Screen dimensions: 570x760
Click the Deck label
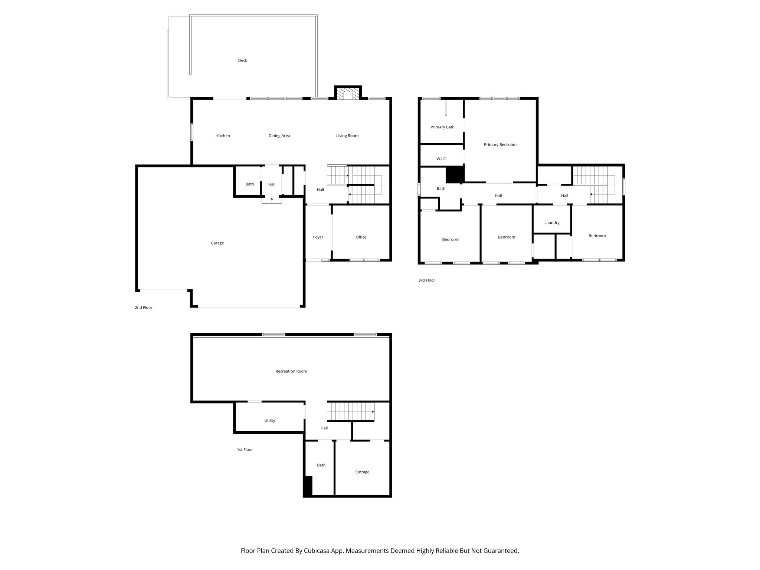tap(242, 60)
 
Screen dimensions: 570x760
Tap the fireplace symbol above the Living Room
tap(348, 94)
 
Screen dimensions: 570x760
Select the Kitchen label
tap(223, 136)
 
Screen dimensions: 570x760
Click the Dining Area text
tap(279, 136)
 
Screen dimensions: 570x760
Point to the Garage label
tap(217, 243)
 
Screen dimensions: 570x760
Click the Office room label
tap(361, 237)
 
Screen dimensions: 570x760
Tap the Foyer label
tap(318, 237)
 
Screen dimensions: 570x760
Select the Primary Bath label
tap(442, 127)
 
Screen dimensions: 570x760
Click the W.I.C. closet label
tap(441, 159)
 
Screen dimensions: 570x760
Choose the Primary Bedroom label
tap(500, 145)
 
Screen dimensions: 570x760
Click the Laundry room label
tap(552, 223)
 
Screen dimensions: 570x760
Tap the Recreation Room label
tap(291, 371)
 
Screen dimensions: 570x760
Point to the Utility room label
tap(269, 420)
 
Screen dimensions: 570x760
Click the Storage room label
tap(362, 472)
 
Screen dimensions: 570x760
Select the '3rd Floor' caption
tap(426, 280)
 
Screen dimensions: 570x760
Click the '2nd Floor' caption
tap(143, 308)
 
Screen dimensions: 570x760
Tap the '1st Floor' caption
tap(245, 449)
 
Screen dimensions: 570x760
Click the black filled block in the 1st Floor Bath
tap(308, 486)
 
